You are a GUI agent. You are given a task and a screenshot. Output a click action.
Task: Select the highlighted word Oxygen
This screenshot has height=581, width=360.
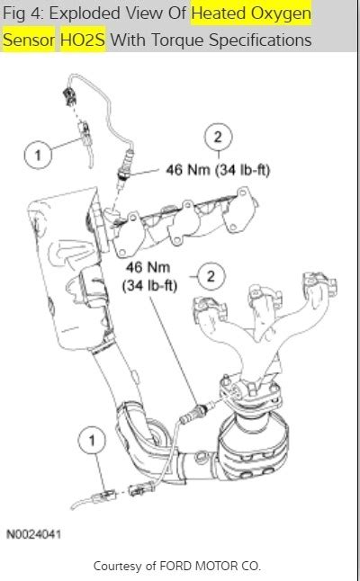[x=279, y=14]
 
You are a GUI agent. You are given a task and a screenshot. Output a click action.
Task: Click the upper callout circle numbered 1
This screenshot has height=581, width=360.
[x=37, y=156]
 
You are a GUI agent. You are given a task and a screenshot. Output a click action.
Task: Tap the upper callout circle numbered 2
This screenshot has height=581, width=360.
[x=216, y=137]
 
